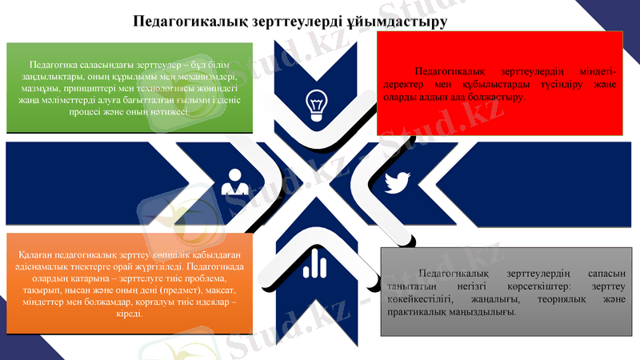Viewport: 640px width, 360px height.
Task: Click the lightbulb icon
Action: click(317, 102)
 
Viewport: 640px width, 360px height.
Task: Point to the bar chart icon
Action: click(312, 265)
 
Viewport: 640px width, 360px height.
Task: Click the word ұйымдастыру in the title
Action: click(400, 20)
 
